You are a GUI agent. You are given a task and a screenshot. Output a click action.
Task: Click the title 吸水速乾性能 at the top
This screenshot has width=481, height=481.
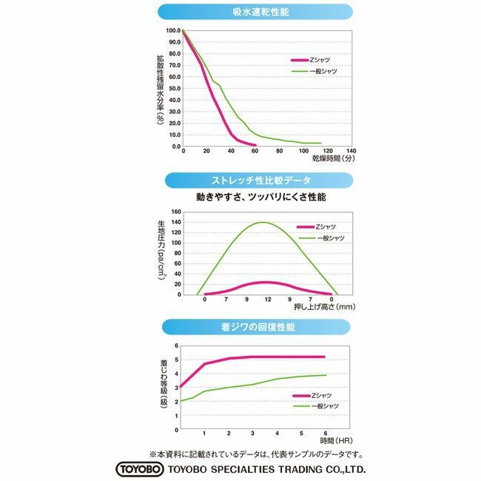click(x=256, y=11)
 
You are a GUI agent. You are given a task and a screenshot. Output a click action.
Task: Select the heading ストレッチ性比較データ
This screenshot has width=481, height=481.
click(x=256, y=181)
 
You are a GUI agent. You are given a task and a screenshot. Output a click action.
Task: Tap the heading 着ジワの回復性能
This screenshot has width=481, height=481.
click(x=256, y=326)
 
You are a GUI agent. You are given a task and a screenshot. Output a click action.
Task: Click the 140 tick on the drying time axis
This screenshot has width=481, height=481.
click(x=351, y=150)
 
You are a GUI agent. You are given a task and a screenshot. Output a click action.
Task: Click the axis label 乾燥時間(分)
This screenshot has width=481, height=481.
click(x=334, y=159)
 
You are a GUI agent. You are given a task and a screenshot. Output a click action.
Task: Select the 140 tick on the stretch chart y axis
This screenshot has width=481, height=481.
click(x=176, y=212)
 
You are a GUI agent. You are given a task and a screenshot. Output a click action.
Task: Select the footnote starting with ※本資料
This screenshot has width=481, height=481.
click(x=255, y=454)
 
